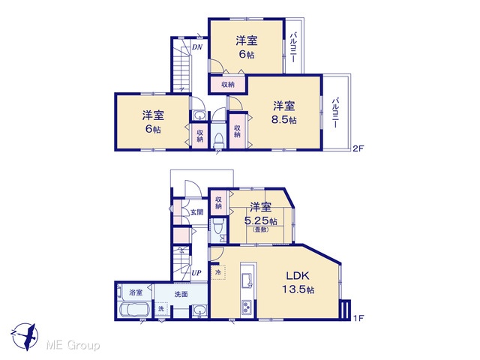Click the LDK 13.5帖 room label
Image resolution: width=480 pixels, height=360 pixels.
[298, 282]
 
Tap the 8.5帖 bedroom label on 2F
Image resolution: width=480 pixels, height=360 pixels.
[284, 112]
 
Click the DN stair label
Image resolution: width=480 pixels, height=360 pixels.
[197, 47]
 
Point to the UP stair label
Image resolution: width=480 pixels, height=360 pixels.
[196, 272]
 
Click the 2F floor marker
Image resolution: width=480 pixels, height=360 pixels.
[358, 148]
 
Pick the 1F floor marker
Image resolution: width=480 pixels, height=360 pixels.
[358, 318]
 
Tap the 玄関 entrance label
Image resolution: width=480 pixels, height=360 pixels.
[196, 211]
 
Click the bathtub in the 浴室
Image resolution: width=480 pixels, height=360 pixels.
[134, 310]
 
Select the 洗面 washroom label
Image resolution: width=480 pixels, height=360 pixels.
[181, 294]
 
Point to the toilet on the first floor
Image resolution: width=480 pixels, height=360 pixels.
[218, 227]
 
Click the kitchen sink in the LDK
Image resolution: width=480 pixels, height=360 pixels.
[247, 280]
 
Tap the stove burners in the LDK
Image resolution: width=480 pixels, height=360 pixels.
[247, 307]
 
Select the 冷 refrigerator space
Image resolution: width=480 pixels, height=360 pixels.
[218, 271]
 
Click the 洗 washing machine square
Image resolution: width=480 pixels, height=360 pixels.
[161, 309]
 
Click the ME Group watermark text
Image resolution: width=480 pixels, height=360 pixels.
[73, 346]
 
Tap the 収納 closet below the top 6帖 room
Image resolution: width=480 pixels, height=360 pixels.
[228, 85]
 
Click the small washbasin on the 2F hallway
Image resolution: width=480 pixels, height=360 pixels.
[200, 115]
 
